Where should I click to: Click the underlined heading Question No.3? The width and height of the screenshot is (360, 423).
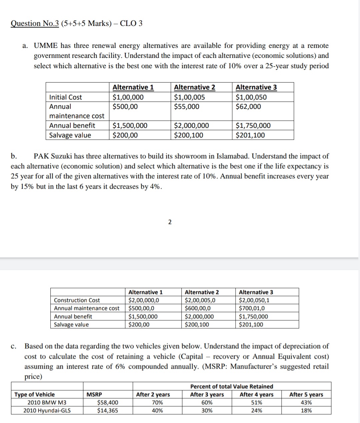pos(35,23)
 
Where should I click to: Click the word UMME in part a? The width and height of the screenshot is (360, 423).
pos(46,46)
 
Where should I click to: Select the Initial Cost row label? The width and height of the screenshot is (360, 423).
pos(65,97)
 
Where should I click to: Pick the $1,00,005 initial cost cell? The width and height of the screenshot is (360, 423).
pos(190,97)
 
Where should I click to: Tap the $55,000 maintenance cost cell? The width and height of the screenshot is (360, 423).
pos(187,107)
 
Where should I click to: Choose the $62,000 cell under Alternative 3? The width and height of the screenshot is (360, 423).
pos(248,107)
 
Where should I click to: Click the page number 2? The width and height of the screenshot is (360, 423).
pos(170,222)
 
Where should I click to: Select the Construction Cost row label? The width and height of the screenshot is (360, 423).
pos(77,300)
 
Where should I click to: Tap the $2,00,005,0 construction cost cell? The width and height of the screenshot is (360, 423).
pos(200,300)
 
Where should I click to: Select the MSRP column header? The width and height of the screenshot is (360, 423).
pos(94,394)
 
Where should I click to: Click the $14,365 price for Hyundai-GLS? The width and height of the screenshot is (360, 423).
pos(107,410)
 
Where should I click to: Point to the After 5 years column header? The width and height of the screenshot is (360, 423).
pos(306,394)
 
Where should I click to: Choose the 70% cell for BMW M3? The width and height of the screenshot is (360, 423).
pos(157,402)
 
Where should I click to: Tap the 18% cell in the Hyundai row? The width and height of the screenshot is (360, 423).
pos(306,410)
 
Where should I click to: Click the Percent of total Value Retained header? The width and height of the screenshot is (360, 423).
pos(231,386)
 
